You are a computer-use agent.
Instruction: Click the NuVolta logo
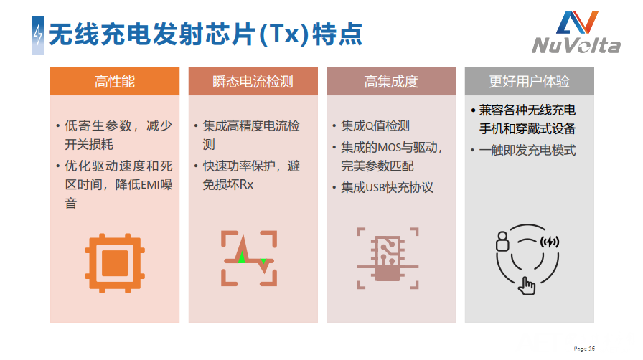[x=576, y=32]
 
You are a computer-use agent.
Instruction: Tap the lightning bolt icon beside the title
[x=38, y=35]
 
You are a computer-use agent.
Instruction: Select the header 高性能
[x=115, y=82]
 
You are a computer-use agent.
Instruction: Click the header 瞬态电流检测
[x=253, y=82]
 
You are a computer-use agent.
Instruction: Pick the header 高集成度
[x=391, y=82]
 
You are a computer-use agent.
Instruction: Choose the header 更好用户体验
[x=529, y=82]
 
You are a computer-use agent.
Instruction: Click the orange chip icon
[x=115, y=263]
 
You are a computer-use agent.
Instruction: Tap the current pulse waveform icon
[x=249, y=258]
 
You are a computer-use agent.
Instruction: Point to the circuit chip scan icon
[x=388, y=258]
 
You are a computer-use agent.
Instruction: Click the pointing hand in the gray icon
[x=527, y=286]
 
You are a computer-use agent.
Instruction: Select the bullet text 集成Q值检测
[x=375, y=126]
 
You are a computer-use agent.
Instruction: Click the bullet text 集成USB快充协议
[x=387, y=187]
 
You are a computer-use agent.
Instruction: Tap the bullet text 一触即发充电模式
[x=527, y=150]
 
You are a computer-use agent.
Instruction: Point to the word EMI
[x=151, y=185]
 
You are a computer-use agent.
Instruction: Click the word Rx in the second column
[x=246, y=185]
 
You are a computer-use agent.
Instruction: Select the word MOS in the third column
[x=389, y=147]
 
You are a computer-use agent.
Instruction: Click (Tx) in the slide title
[x=283, y=34]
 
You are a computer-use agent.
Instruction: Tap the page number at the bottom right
[x=584, y=349]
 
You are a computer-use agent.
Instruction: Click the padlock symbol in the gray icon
[x=502, y=241]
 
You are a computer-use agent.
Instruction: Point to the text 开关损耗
[x=88, y=144]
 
